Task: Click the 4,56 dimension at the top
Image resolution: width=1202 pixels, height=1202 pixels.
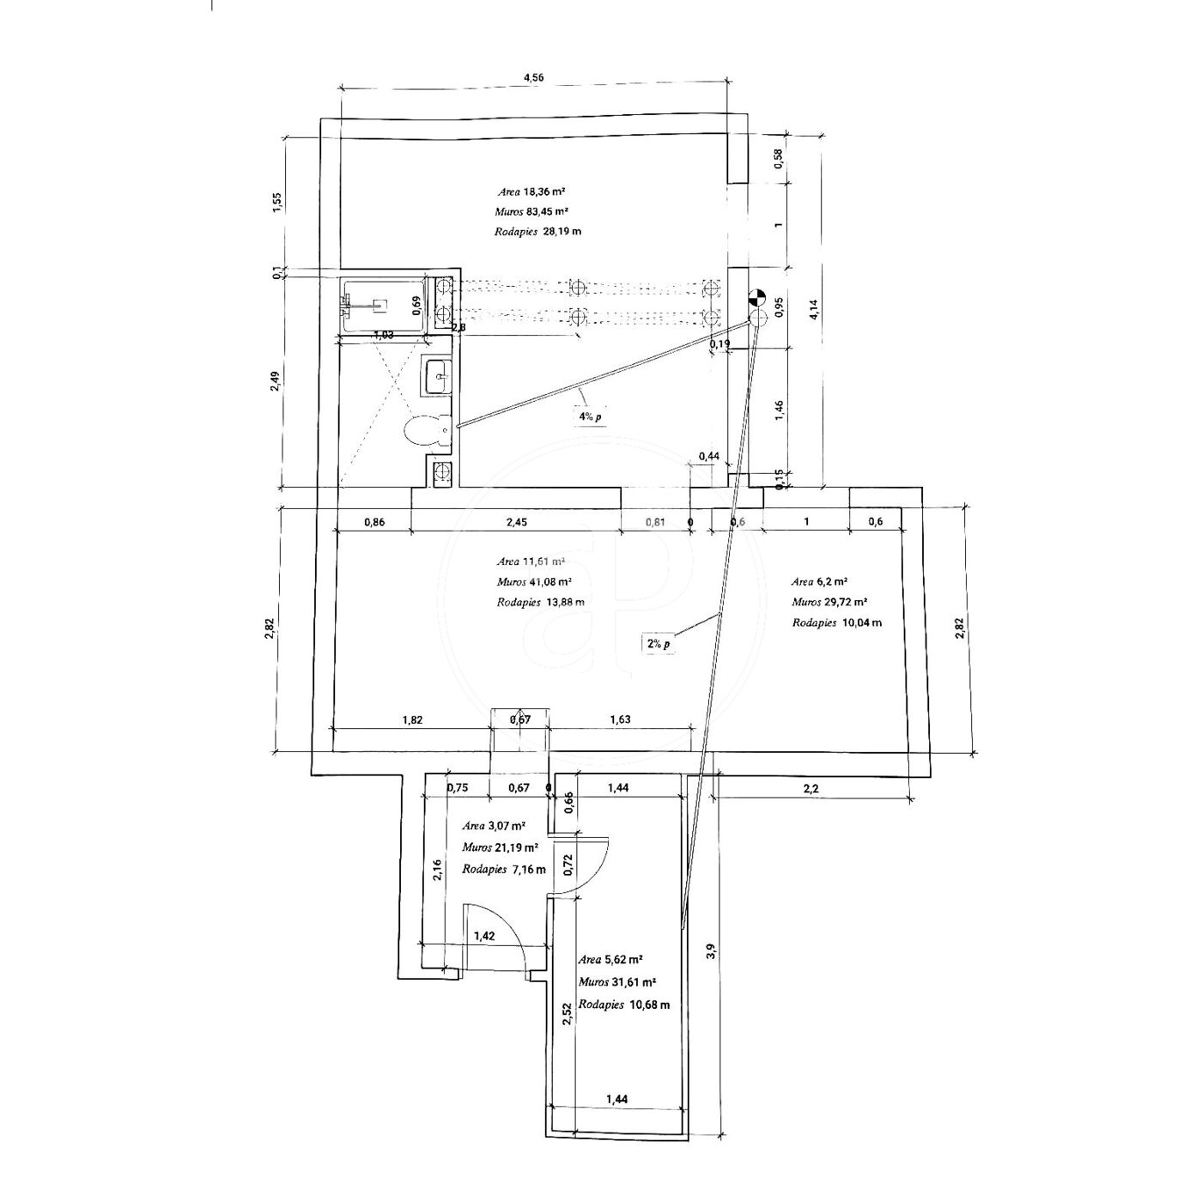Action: pyautogui.click(x=533, y=77)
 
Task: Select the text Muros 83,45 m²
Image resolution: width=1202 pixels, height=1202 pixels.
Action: pyautogui.click(x=531, y=212)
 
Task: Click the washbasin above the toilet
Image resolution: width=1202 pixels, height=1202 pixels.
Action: pyautogui.click(x=436, y=376)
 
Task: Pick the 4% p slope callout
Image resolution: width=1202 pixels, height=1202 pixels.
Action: pyautogui.click(x=590, y=416)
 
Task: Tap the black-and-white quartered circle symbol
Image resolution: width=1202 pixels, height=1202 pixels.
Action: pyautogui.click(x=756, y=299)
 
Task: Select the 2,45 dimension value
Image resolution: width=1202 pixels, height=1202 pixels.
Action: pyautogui.click(x=516, y=521)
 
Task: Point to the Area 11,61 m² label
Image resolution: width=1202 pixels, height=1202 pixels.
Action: pyautogui.click(x=531, y=562)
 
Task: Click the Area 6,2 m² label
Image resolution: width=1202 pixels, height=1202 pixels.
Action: pyautogui.click(x=820, y=581)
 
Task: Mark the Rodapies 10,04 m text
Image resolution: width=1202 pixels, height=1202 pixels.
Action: pyautogui.click(x=836, y=622)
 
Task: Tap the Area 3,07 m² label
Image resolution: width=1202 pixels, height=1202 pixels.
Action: pyautogui.click(x=494, y=827)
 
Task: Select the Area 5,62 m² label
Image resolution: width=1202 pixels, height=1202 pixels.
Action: pyautogui.click(x=611, y=960)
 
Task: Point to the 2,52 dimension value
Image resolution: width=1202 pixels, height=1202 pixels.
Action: pyautogui.click(x=567, y=1015)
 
